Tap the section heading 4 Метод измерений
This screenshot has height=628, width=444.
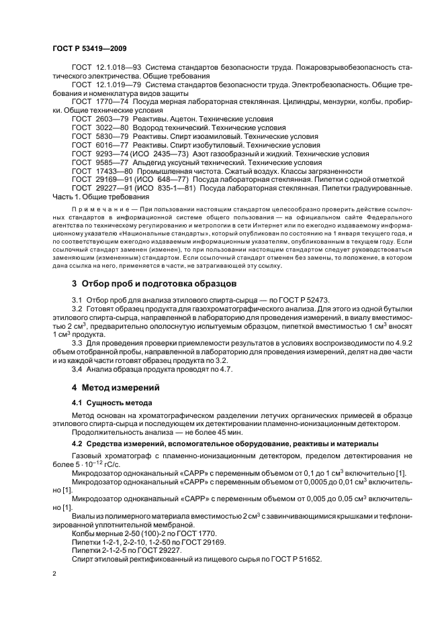(x=114, y=387)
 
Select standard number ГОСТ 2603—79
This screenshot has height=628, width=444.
(x=95, y=117)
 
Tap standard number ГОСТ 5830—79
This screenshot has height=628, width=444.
(x=95, y=136)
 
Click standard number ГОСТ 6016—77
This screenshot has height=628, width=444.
(x=95, y=144)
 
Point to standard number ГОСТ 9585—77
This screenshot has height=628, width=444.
(x=95, y=162)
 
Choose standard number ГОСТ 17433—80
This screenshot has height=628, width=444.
(x=97, y=171)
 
